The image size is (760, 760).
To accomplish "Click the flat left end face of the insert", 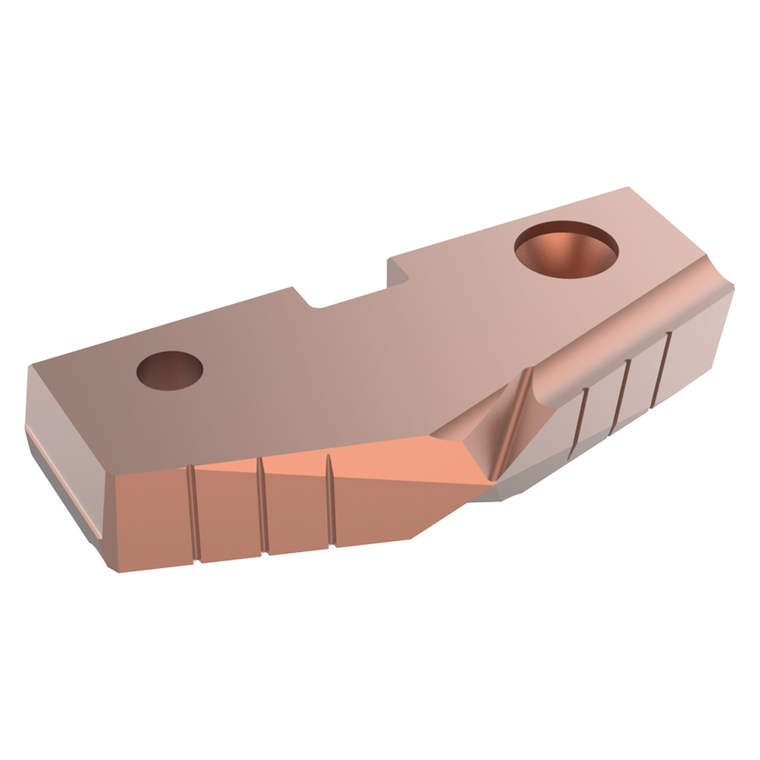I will coord(59,475).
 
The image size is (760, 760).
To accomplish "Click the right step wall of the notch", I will coord(398,270).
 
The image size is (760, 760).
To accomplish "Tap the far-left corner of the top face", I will coord(31,366).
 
